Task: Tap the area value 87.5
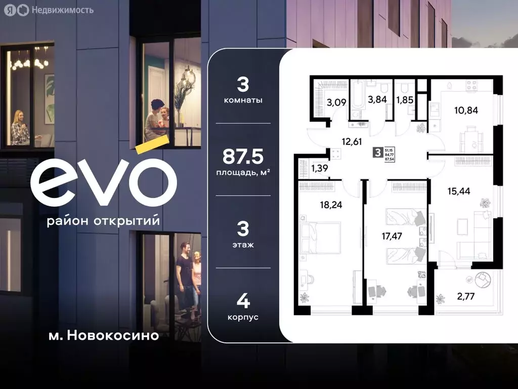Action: [x=243, y=157]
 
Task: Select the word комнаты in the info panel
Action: [x=243, y=100]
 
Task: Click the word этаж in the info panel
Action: [x=243, y=245]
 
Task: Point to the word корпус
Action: [x=243, y=317]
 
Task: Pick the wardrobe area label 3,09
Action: [x=336, y=102]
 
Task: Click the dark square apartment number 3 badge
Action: [x=377, y=152]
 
